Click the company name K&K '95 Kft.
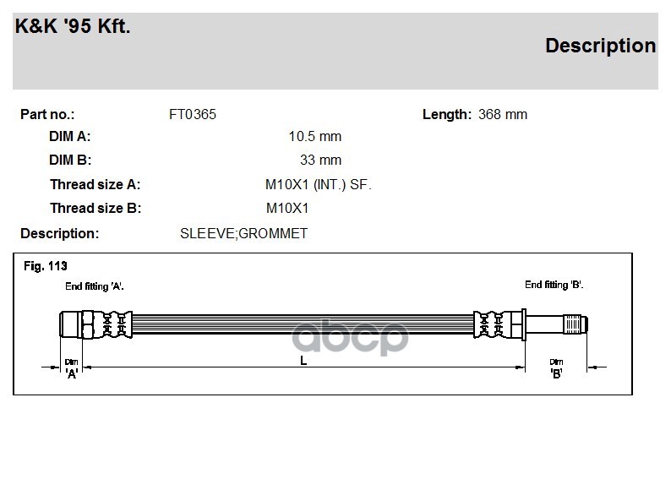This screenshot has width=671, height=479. point(73,26)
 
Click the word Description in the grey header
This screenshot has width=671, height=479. point(600,46)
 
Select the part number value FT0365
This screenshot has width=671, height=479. point(193,114)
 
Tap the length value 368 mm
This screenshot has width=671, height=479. point(502,114)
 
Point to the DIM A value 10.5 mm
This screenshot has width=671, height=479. point(314,137)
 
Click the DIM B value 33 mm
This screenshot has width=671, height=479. point(320,160)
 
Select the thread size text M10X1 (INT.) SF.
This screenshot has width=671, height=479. point(319,184)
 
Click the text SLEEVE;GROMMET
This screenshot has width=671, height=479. point(243,233)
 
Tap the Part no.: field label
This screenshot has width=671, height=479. point(47,114)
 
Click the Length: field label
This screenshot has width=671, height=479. point(447,114)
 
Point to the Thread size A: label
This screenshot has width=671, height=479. point(95,184)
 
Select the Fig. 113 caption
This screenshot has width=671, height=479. point(45,266)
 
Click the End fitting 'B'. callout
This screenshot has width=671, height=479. point(554,285)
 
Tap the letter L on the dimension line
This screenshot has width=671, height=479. point(303,361)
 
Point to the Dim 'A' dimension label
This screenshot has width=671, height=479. point(72,367)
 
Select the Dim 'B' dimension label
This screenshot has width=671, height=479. point(556,367)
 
